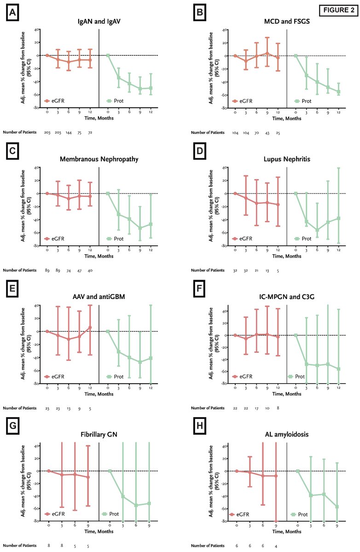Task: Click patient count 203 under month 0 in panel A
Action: coord(47,132)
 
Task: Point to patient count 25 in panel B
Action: coord(278,132)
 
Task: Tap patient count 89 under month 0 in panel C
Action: coord(47,270)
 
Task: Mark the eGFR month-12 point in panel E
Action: coord(90,328)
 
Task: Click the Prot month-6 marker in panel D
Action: coord(317,230)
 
